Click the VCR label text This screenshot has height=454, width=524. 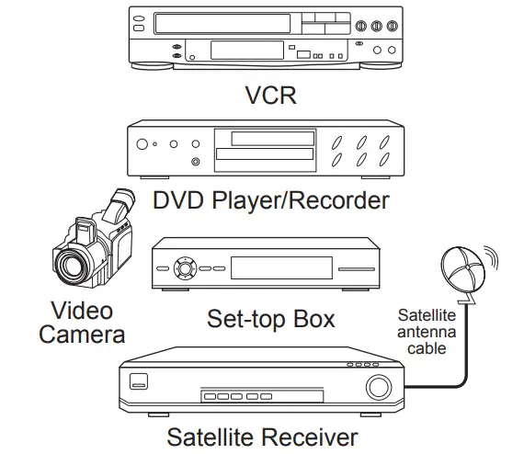tap(270, 96)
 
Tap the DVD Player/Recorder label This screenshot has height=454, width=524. tap(271, 200)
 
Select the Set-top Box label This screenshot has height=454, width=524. tap(270, 318)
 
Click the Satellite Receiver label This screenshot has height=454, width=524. tap(262, 437)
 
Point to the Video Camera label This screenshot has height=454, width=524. tap(82, 323)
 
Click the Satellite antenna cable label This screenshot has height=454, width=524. tap(427, 332)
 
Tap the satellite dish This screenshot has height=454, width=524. tap(462, 269)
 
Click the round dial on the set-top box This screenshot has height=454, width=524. tap(185, 268)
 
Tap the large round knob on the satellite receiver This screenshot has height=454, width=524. tap(379, 387)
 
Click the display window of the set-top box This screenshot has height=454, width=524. tap(281, 268)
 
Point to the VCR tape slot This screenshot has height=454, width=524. tap(222, 23)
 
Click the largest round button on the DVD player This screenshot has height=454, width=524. tap(142, 144)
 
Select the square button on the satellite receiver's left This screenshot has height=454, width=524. tap(139, 381)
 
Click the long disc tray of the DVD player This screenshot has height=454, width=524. tap(265, 154)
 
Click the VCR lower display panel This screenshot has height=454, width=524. tap(247, 51)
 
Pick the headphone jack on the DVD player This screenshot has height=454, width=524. tap(196, 162)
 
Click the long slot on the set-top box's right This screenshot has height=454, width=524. tap(357, 269)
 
